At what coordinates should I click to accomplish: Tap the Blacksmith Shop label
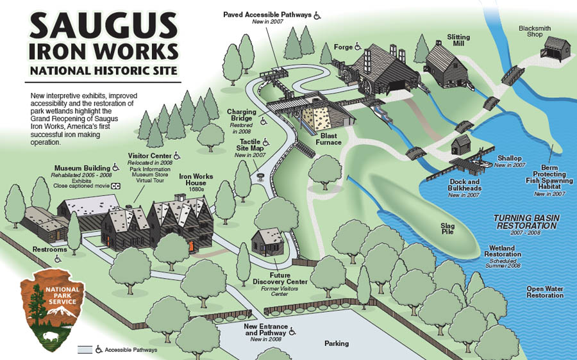click(539, 31)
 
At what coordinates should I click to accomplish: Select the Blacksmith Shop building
click(554, 48)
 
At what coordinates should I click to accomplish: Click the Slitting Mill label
click(458, 42)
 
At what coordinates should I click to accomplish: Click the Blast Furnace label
click(329, 138)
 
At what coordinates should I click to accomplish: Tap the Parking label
click(336, 344)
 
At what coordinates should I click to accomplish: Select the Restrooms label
click(50, 249)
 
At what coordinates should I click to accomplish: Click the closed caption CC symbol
click(116, 186)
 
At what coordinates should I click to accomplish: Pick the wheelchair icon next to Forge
click(358, 46)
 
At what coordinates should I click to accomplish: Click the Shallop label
click(509, 158)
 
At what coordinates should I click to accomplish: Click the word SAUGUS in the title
click(103, 26)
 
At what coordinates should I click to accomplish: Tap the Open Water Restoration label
click(545, 292)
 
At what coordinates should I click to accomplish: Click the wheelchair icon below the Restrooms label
click(57, 259)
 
